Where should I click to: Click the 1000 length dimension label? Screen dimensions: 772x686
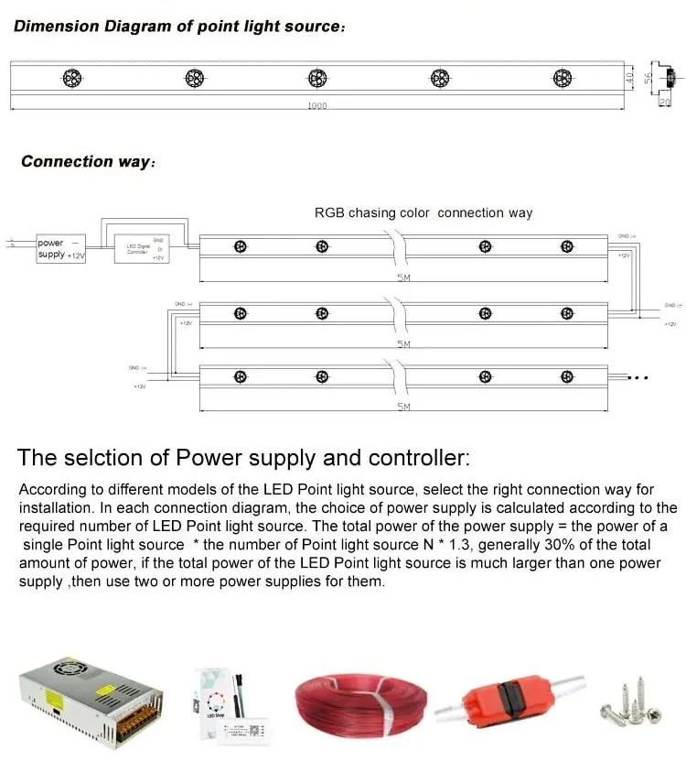(x=316, y=106)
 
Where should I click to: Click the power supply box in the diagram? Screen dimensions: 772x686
(x=60, y=249)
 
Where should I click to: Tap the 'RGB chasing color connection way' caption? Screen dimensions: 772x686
(x=423, y=212)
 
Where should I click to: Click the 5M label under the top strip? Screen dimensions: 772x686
(x=403, y=277)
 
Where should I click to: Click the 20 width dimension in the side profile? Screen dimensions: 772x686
(x=664, y=103)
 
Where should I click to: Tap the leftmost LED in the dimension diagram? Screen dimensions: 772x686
(x=71, y=78)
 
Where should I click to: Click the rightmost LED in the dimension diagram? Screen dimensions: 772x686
(x=561, y=78)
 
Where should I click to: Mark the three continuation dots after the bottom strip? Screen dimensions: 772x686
(x=638, y=377)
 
